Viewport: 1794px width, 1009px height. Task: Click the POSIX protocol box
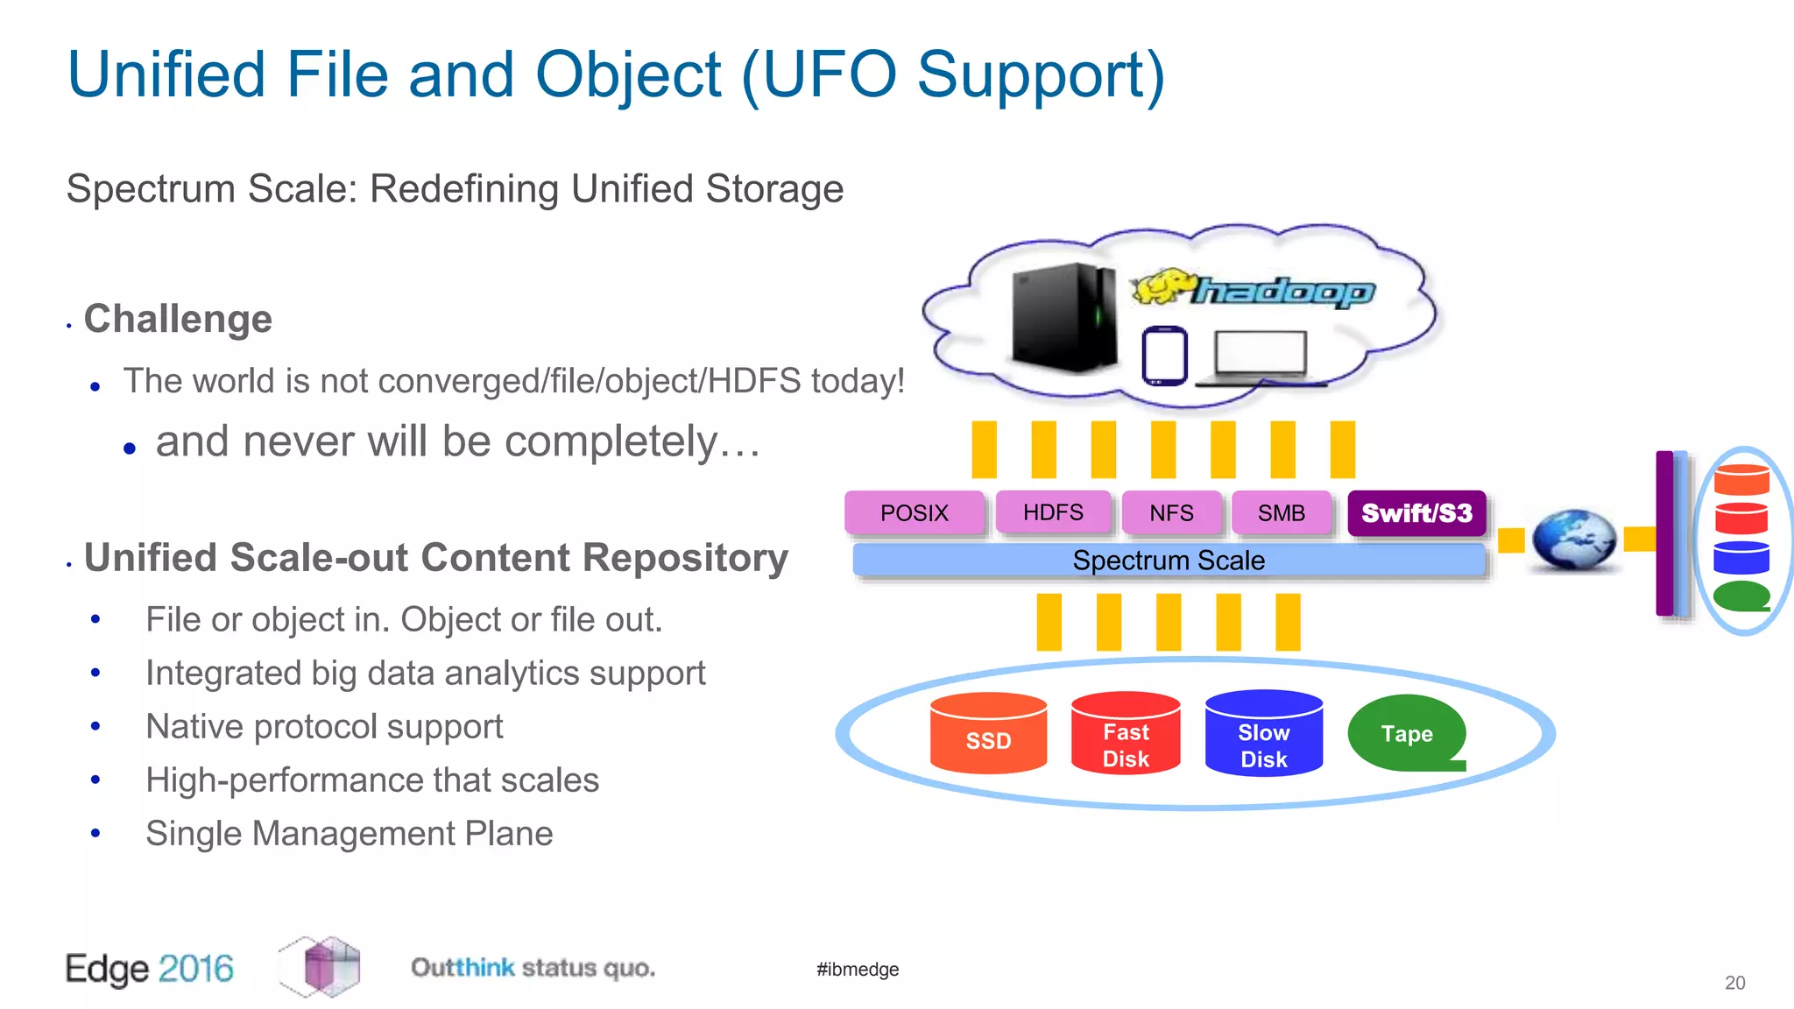[914, 512]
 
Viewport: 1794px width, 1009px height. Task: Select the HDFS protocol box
[1053, 512]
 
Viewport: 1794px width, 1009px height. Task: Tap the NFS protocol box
[1171, 512]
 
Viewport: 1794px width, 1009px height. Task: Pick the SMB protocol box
[1281, 512]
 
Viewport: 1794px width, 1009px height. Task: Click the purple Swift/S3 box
[1416, 512]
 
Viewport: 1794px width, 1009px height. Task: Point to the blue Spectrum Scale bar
[1169, 561]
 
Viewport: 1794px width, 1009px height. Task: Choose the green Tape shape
[1405, 733]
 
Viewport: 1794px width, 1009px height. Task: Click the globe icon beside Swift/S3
[1573, 540]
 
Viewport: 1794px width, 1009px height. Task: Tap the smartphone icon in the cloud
[1164, 356]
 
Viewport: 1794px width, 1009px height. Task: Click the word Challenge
[178, 319]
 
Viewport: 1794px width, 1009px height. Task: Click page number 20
[1734, 983]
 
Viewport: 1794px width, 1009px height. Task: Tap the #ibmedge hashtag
[858, 970]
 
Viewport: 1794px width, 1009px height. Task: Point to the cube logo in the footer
[321, 966]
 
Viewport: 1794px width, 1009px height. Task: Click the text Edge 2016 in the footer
[150, 969]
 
